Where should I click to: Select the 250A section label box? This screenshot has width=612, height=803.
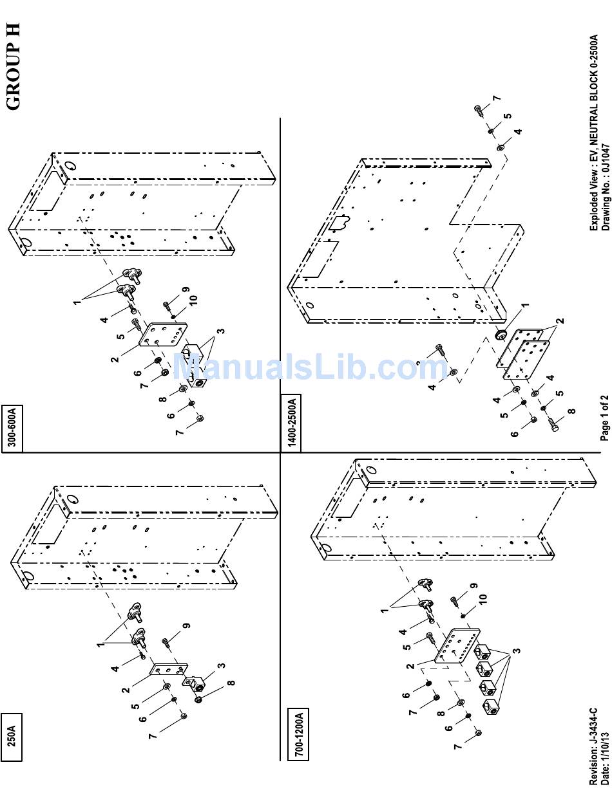tap(12, 737)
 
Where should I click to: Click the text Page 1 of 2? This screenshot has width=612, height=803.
tap(604, 418)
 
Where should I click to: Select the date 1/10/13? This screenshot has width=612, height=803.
tap(604, 753)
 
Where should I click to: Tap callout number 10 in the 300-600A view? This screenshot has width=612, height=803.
tap(193, 299)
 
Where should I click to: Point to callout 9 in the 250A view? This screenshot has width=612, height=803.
tap(186, 625)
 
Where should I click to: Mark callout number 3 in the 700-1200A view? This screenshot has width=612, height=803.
tap(516, 651)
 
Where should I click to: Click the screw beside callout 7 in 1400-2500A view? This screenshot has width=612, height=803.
tap(480, 110)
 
